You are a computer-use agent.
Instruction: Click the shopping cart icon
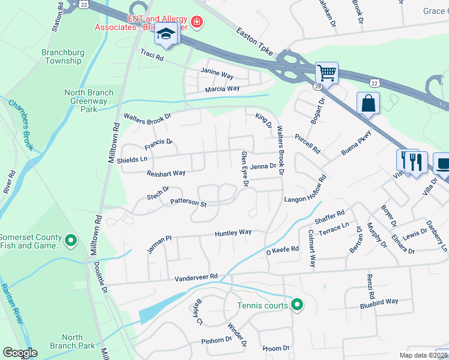click(327, 73)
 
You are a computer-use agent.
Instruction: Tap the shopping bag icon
click(368, 103)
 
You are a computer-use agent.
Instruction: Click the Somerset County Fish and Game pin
click(71, 241)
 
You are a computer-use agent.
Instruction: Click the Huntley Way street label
click(233, 233)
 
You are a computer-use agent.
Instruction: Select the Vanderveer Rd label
click(196, 278)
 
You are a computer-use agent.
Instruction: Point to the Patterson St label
click(188, 203)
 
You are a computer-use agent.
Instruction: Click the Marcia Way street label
click(222, 89)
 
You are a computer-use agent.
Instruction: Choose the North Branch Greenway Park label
click(89, 101)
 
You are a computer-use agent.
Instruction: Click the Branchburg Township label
click(62, 56)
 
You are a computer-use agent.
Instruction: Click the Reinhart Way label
click(166, 173)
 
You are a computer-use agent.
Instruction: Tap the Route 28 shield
click(317, 87)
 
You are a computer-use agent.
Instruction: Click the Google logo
click(20, 353)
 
